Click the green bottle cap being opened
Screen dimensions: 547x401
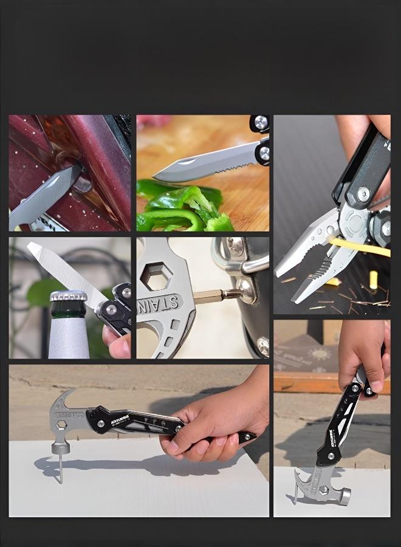[67, 296]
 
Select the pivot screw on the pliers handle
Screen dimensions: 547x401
[363, 194]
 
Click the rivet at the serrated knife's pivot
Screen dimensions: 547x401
[264, 153]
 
